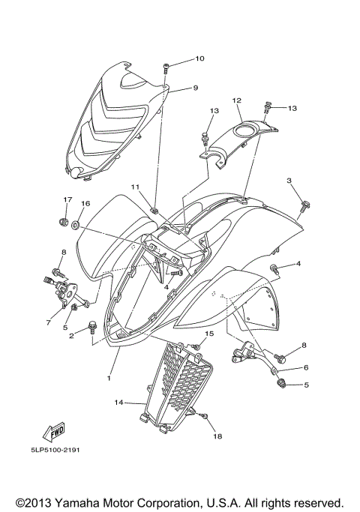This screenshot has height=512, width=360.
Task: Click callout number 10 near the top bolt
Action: pos(199,58)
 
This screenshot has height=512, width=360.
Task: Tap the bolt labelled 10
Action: pos(166,70)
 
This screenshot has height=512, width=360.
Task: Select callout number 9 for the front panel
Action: pos(195,88)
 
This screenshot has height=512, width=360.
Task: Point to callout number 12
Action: pos(237,100)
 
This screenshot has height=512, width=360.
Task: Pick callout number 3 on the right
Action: pos(289,180)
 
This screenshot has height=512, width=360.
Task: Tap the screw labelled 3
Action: pos(305,207)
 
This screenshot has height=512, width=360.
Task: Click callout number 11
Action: pos(135,187)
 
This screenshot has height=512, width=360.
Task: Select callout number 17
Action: pos(67,199)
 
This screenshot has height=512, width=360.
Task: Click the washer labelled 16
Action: pos(76,224)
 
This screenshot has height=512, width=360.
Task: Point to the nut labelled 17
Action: pos(64,223)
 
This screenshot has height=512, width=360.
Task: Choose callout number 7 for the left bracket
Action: pos(48,322)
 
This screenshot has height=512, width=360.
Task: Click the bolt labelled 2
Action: pos(92,328)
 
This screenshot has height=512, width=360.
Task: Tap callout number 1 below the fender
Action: pos(109,378)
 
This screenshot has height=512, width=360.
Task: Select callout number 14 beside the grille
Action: pos(118,403)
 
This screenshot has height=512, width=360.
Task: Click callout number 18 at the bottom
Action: pos(217,436)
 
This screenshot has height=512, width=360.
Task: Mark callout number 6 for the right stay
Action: pos(306,367)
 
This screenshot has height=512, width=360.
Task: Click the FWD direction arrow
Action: pos(53,432)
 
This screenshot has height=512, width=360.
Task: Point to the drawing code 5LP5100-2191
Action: pos(55,450)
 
